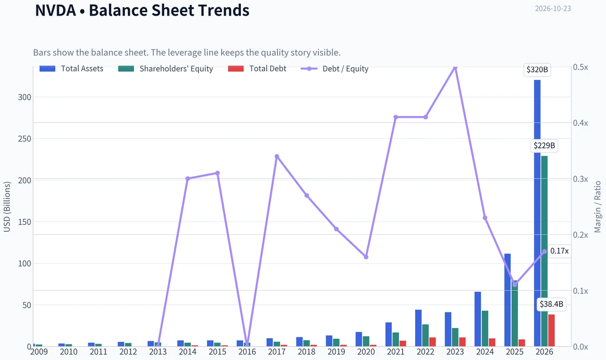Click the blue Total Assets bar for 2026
537,213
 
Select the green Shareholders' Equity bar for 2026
544,251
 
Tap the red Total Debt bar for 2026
551,331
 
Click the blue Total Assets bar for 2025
508,300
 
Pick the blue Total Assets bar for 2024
478,319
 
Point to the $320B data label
537,70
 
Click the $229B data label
544,146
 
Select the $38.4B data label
551,304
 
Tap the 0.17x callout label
560,251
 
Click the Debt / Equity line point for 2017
277,157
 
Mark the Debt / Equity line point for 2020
366,257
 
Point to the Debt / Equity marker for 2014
188,179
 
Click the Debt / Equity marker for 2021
396,117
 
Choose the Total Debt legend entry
257,69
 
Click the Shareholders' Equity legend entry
166,69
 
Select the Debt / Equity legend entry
335,69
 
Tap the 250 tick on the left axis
25,139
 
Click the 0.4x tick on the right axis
581,123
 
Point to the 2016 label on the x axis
247,352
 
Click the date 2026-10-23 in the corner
553,9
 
